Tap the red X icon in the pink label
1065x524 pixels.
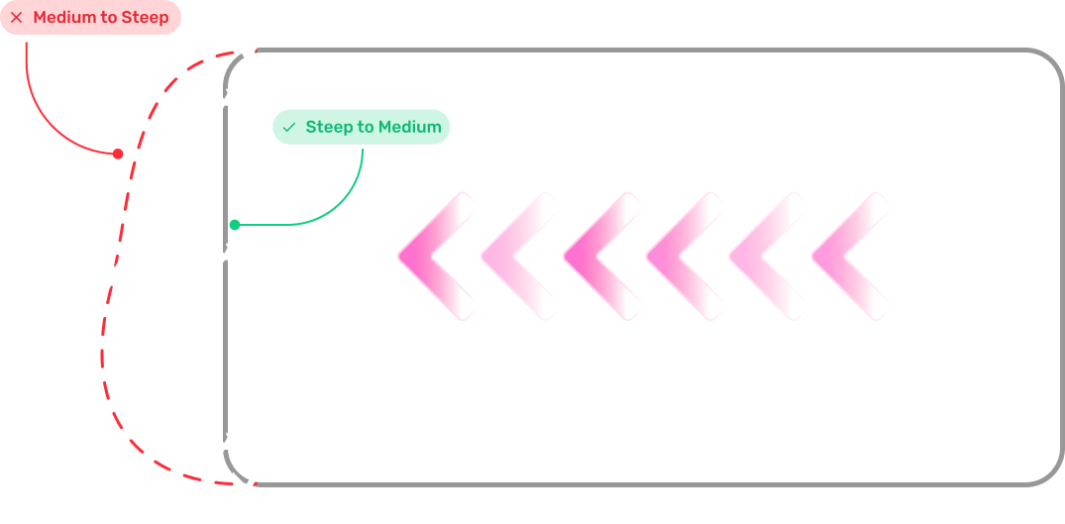click(x=17, y=18)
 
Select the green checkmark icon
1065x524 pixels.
click(x=288, y=128)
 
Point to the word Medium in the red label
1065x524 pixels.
click(x=62, y=18)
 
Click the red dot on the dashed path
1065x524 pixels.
click(x=118, y=154)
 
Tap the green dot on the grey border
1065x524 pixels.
click(x=235, y=225)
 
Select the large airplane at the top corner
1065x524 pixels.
click(x=251, y=52)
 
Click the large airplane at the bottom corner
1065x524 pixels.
click(x=248, y=486)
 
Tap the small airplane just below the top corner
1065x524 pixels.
click(x=227, y=99)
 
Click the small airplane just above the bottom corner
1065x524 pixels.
click(x=227, y=444)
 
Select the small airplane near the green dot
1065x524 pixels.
click(x=227, y=256)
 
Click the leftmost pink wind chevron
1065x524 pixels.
click(x=433, y=256)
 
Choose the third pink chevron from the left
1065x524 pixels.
click(x=598, y=256)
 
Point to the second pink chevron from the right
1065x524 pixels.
click(x=763, y=256)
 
